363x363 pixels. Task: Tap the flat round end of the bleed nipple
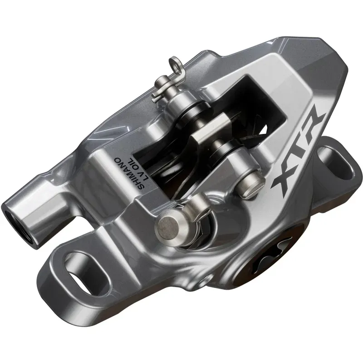pyautogui.click(x=166, y=224)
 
